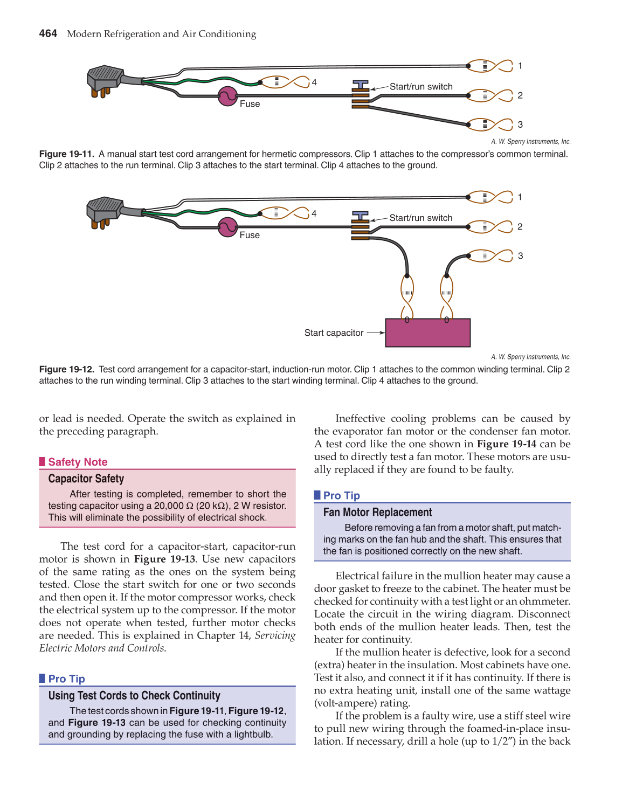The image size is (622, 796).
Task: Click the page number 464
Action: click(48, 33)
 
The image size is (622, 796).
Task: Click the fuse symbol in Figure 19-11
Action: click(227, 96)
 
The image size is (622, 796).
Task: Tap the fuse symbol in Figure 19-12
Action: click(227, 227)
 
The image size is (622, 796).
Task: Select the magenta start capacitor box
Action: click(427, 333)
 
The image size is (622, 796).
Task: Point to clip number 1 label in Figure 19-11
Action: click(520, 66)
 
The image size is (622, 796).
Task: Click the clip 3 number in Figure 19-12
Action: click(520, 256)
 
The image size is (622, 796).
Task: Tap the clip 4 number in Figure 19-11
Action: click(314, 82)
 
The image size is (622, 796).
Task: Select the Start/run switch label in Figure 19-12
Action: click(420, 218)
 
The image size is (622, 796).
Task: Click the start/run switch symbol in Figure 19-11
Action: click(361, 94)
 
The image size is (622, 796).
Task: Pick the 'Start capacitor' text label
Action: click(334, 333)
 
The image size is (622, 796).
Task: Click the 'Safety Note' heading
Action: click(78, 462)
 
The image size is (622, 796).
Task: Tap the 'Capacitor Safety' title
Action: click(86, 479)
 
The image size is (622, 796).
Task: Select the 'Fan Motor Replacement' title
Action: click(377, 512)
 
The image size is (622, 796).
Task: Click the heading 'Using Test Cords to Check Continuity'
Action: click(134, 696)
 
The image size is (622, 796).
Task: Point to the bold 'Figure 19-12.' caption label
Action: click(67, 369)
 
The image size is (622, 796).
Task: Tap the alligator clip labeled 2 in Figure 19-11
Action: click(489, 95)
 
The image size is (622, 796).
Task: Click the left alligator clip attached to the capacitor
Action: click(407, 294)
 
